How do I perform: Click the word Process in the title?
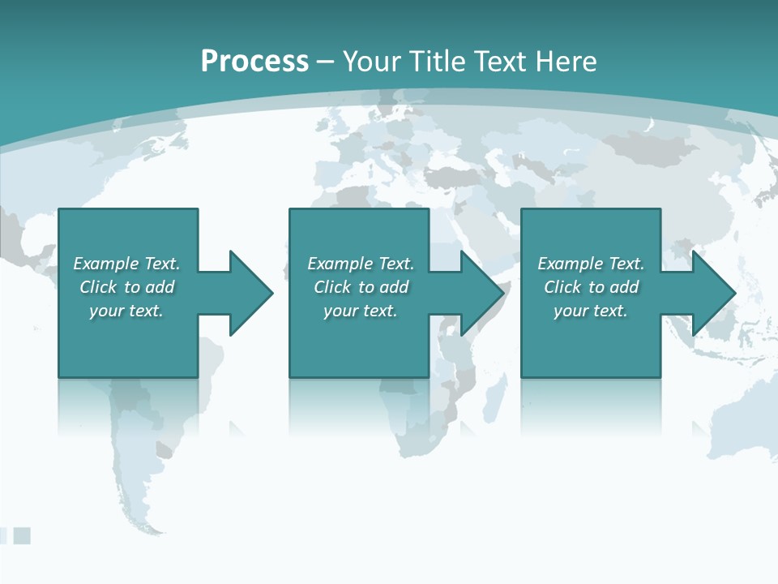254,61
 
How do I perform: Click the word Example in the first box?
105,264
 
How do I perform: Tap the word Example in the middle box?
340,264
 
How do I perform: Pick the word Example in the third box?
570,264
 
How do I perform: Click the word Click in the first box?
98,287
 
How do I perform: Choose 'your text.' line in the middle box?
360,311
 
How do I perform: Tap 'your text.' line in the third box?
590,311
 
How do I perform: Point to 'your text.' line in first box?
126,311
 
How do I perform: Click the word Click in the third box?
562,287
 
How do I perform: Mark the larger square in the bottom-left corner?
22,535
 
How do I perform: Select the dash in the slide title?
325,62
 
